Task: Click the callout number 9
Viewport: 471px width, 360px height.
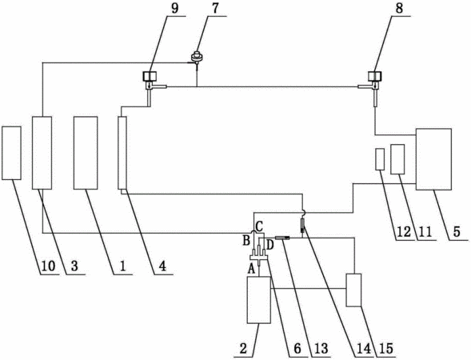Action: pos(174,8)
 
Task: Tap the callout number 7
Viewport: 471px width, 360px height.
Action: pos(215,8)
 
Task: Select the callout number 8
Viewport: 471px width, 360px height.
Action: pos(399,8)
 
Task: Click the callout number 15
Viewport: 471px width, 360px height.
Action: pos(385,349)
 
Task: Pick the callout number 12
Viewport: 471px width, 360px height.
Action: pos(403,232)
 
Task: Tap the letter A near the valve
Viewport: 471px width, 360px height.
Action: pos(251,270)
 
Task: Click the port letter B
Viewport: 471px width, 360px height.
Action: pos(246,241)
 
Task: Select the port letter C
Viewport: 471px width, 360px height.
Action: pos(259,225)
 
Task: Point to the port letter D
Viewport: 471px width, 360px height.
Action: pos(270,245)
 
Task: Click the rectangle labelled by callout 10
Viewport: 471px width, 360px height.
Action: pos(11,153)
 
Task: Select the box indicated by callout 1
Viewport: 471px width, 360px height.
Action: pos(86,153)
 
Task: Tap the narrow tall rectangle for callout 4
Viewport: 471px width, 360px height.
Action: pos(122,153)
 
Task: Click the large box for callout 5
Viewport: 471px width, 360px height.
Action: pos(433,159)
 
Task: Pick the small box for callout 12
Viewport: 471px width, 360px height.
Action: pos(380,159)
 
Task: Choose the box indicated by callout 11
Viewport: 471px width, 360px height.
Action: pos(397,159)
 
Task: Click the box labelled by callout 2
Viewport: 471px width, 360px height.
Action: pos(258,300)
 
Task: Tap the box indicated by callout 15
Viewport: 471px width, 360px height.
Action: pos(353,290)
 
